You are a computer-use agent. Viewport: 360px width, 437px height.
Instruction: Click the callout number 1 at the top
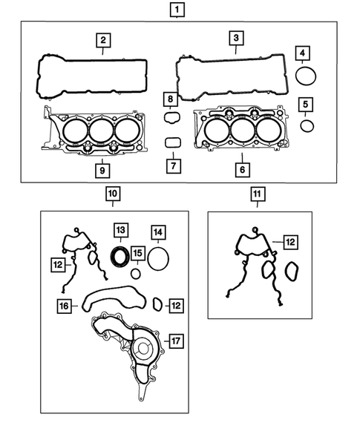coord(178,10)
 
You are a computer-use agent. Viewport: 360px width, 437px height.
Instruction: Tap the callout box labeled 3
coord(235,38)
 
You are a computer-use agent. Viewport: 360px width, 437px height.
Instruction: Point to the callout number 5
coord(307,103)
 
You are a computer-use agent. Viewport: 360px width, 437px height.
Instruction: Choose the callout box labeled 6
coord(241,170)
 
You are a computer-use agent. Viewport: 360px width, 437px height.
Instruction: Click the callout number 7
coord(171,165)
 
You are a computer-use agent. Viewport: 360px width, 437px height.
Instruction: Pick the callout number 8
coord(170,99)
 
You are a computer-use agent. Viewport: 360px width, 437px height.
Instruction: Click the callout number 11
coord(256,195)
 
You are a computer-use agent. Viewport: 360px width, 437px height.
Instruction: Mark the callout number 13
coord(120,229)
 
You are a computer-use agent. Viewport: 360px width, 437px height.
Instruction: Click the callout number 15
coord(137,254)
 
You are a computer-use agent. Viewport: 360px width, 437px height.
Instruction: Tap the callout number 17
coord(175,341)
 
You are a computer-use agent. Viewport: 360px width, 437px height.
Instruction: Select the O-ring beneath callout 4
coord(304,76)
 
